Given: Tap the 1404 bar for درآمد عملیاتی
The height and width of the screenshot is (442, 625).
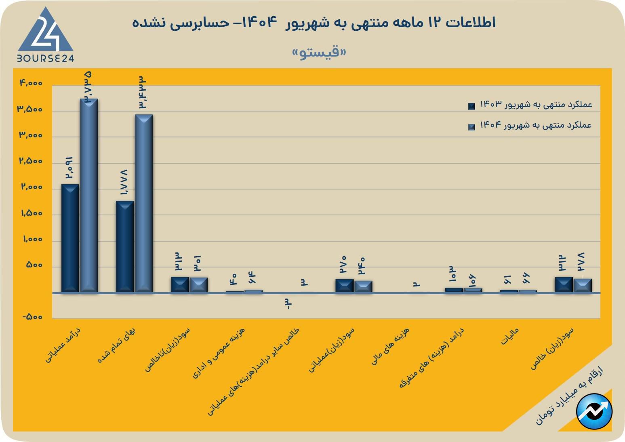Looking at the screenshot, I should [89, 196].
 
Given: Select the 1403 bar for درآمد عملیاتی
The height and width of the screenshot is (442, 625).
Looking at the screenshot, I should [70, 238].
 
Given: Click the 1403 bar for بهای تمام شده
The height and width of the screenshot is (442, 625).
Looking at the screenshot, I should [125, 246].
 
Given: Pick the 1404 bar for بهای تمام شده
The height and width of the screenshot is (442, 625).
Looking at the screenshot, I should [144, 203].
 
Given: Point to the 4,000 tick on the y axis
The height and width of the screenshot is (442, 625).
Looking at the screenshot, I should [31, 83].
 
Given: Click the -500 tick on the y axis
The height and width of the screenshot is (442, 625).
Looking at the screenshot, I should [32, 317].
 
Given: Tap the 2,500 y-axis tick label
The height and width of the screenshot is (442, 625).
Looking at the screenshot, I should [31, 161].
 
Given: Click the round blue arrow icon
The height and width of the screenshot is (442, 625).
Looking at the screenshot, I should [594, 411].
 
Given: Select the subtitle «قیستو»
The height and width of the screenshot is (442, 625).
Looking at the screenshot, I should [319, 53].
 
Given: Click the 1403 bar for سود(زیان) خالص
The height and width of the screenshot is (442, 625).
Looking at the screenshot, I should [564, 284].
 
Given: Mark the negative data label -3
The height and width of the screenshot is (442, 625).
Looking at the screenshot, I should [288, 304].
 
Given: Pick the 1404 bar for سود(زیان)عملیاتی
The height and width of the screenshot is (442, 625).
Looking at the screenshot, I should [363, 286].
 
